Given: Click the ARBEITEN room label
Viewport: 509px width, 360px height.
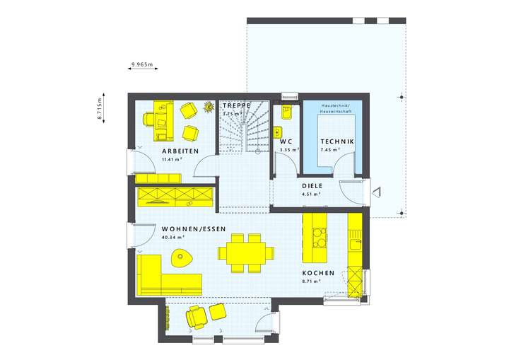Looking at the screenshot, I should pos(180,151).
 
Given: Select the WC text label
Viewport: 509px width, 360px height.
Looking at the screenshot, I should pos(286,141).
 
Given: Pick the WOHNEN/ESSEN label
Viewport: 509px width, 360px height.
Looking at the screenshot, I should pos(194,230).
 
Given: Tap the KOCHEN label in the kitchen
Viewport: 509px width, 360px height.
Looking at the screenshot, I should pos(317,272).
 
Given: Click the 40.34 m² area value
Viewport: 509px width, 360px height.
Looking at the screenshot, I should pos(173,238).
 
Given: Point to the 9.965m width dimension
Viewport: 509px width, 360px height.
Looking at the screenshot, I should pos(141,65).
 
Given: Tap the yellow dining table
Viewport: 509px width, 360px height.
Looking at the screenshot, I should pos(245,252).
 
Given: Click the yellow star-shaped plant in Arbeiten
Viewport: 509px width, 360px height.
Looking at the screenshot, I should pos(209,107).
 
